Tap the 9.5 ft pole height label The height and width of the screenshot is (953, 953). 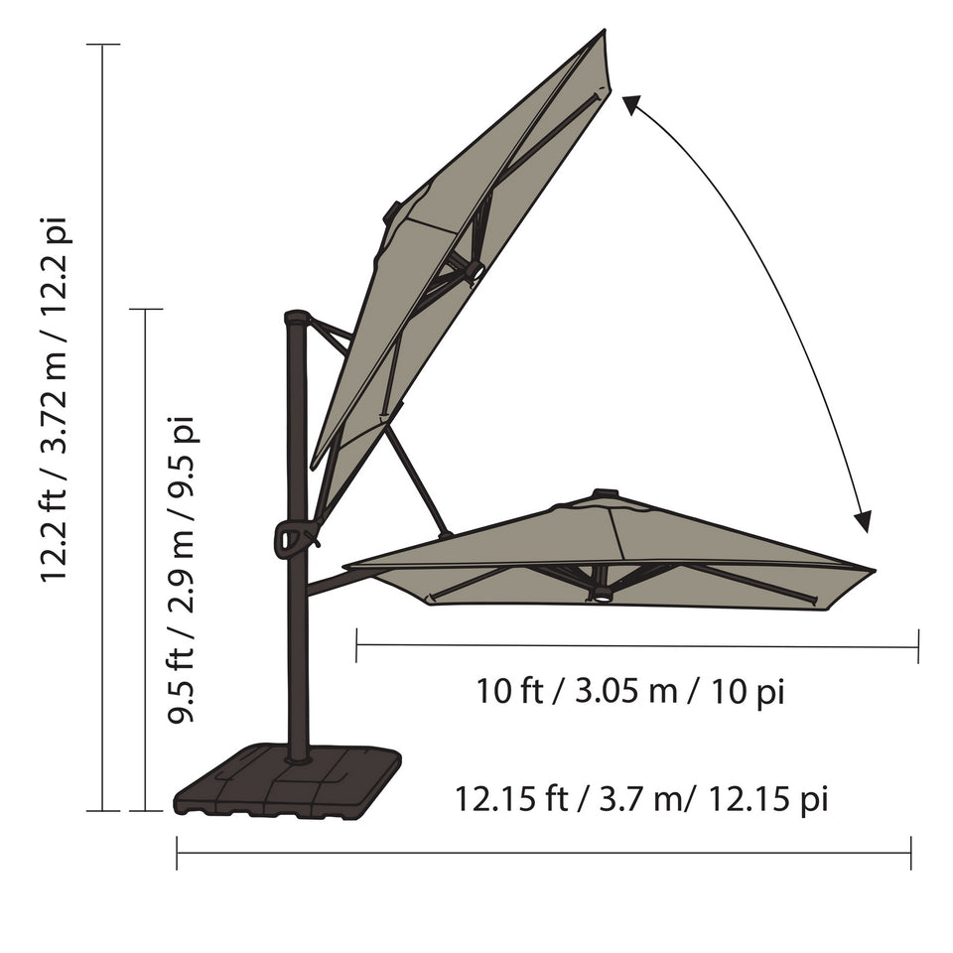click(x=181, y=570)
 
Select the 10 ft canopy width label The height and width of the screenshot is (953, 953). click(x=630, y=692)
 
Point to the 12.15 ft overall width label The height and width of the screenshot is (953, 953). click(x=642, y=798)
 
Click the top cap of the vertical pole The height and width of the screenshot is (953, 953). click(x=297, y=318)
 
